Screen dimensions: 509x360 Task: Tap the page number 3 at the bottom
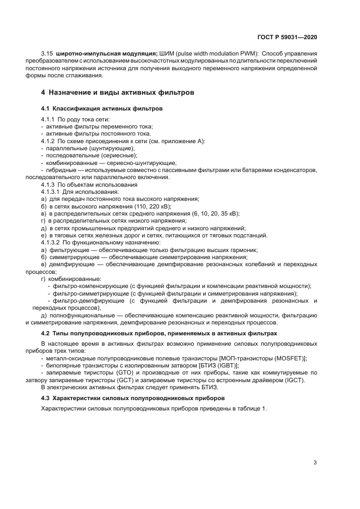click(x=315, y=463)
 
